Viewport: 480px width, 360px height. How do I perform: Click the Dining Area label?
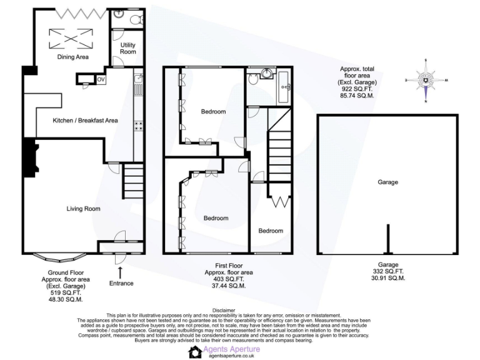73,57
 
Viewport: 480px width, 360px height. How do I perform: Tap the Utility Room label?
127,48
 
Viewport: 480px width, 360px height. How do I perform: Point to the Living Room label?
83,209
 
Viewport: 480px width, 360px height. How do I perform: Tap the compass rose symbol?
426,80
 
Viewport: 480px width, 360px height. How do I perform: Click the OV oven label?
101,79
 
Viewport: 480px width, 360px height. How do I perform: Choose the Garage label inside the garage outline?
387,182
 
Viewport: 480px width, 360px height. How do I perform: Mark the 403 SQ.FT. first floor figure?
228,279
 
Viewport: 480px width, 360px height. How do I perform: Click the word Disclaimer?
224,310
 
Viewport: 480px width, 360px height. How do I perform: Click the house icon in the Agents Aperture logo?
196,352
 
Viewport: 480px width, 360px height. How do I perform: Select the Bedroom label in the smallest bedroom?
271,231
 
